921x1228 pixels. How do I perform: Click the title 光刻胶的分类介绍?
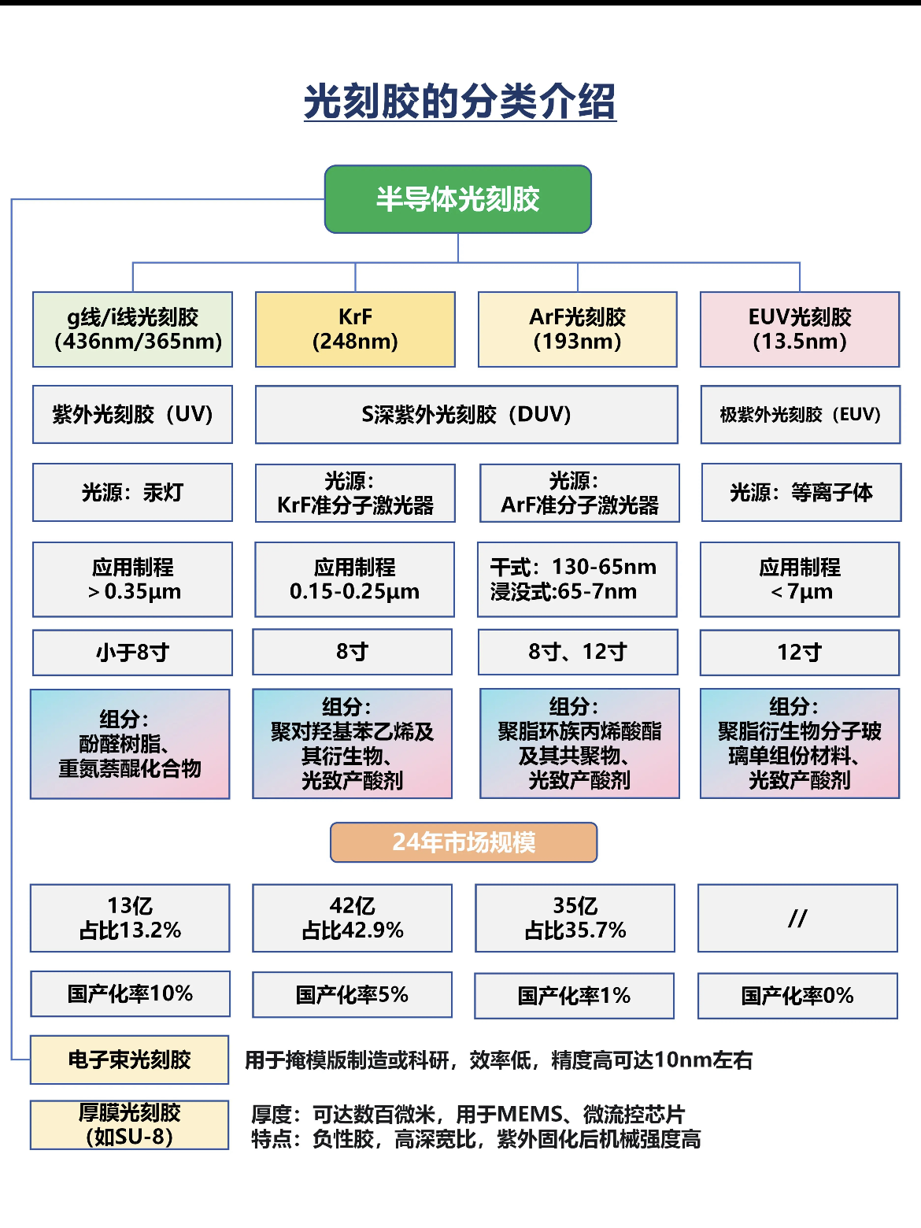460,102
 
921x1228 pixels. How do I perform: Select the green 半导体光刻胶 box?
457,199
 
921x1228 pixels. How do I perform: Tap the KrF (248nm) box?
355,329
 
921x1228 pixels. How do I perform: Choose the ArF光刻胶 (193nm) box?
577,329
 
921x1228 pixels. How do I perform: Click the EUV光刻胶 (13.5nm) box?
799,329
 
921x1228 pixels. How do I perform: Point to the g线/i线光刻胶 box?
132,329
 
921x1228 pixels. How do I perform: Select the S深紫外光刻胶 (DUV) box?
466,414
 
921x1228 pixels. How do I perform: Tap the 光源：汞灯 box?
132,492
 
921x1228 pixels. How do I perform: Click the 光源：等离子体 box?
801,492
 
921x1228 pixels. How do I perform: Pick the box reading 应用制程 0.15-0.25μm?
354,579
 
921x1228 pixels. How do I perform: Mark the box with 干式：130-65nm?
576,579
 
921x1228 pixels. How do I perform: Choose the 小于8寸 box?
132,653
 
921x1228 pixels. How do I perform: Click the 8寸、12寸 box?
577,652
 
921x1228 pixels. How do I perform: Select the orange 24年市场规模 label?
464,842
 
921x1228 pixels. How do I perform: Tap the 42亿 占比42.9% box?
352,918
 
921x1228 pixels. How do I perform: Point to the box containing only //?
797,918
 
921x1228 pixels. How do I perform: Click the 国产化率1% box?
574,996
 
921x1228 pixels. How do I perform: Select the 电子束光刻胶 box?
130,1060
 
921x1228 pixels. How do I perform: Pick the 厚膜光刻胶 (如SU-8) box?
130,1124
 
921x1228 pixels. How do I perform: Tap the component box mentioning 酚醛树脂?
130,744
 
